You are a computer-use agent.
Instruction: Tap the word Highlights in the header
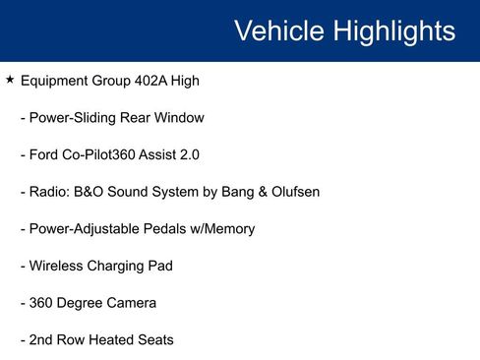point(393,30)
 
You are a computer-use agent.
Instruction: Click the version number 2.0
point(203,154)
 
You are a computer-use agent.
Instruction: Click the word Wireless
point(58,266)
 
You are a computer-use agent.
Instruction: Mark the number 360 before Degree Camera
point(43,303)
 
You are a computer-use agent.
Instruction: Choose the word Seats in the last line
point(155,339)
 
